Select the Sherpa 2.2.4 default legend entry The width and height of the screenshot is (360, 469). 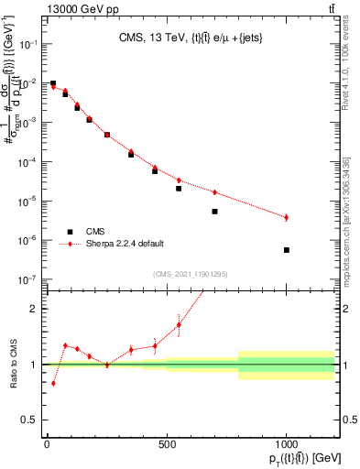pos(126,244)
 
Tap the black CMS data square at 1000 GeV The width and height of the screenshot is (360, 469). pos(287,250)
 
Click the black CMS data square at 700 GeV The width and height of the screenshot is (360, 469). pos(214,212)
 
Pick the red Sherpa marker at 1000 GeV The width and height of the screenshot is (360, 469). pos(287,217)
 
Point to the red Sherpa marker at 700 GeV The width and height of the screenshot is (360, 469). pos(214,192)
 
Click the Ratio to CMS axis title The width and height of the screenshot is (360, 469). pos(13,365)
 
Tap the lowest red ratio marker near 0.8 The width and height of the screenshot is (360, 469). pos(53,383)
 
